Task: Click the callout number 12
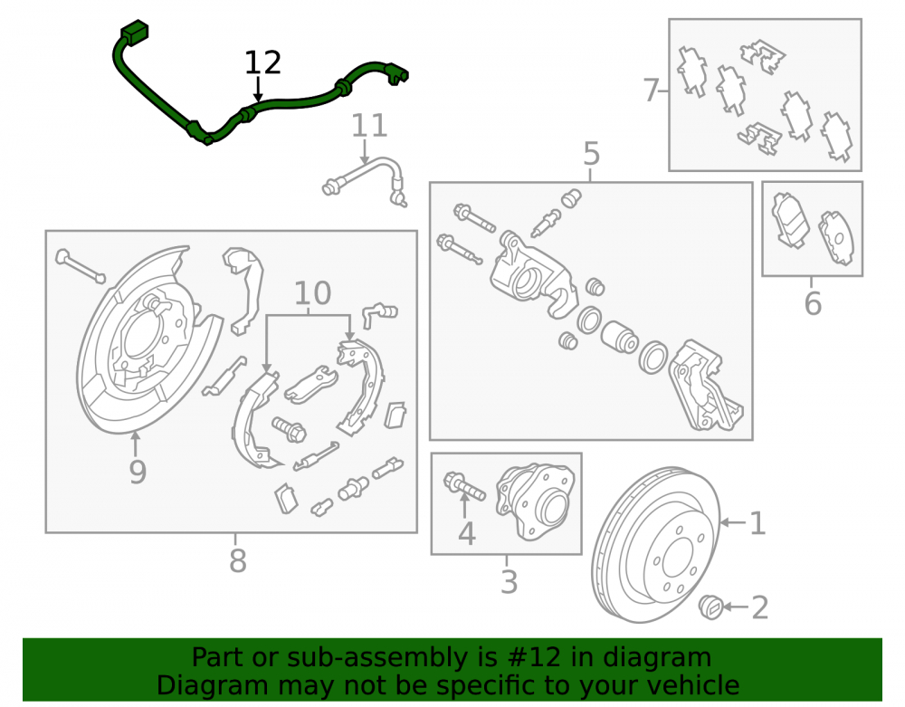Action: coord(262,62)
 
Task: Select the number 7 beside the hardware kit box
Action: coord(651,90)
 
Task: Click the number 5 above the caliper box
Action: coord(592,154)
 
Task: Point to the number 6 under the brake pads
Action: coord(813,303)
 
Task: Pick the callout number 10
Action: coord(312,293)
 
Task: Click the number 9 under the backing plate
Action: coord(138,472)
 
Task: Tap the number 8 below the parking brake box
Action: coord(238,560)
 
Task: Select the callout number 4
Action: coord(466,533)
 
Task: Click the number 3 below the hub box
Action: coord(509,582)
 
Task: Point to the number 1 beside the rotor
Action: coord(757,523)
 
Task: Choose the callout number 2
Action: coord(760,607)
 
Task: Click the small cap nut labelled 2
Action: coord(711,607)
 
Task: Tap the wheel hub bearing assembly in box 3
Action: coord(536,502)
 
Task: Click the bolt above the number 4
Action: coord(464,486)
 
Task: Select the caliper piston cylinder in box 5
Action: coord(619,337)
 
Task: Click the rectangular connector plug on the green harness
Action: coord(135,32)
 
